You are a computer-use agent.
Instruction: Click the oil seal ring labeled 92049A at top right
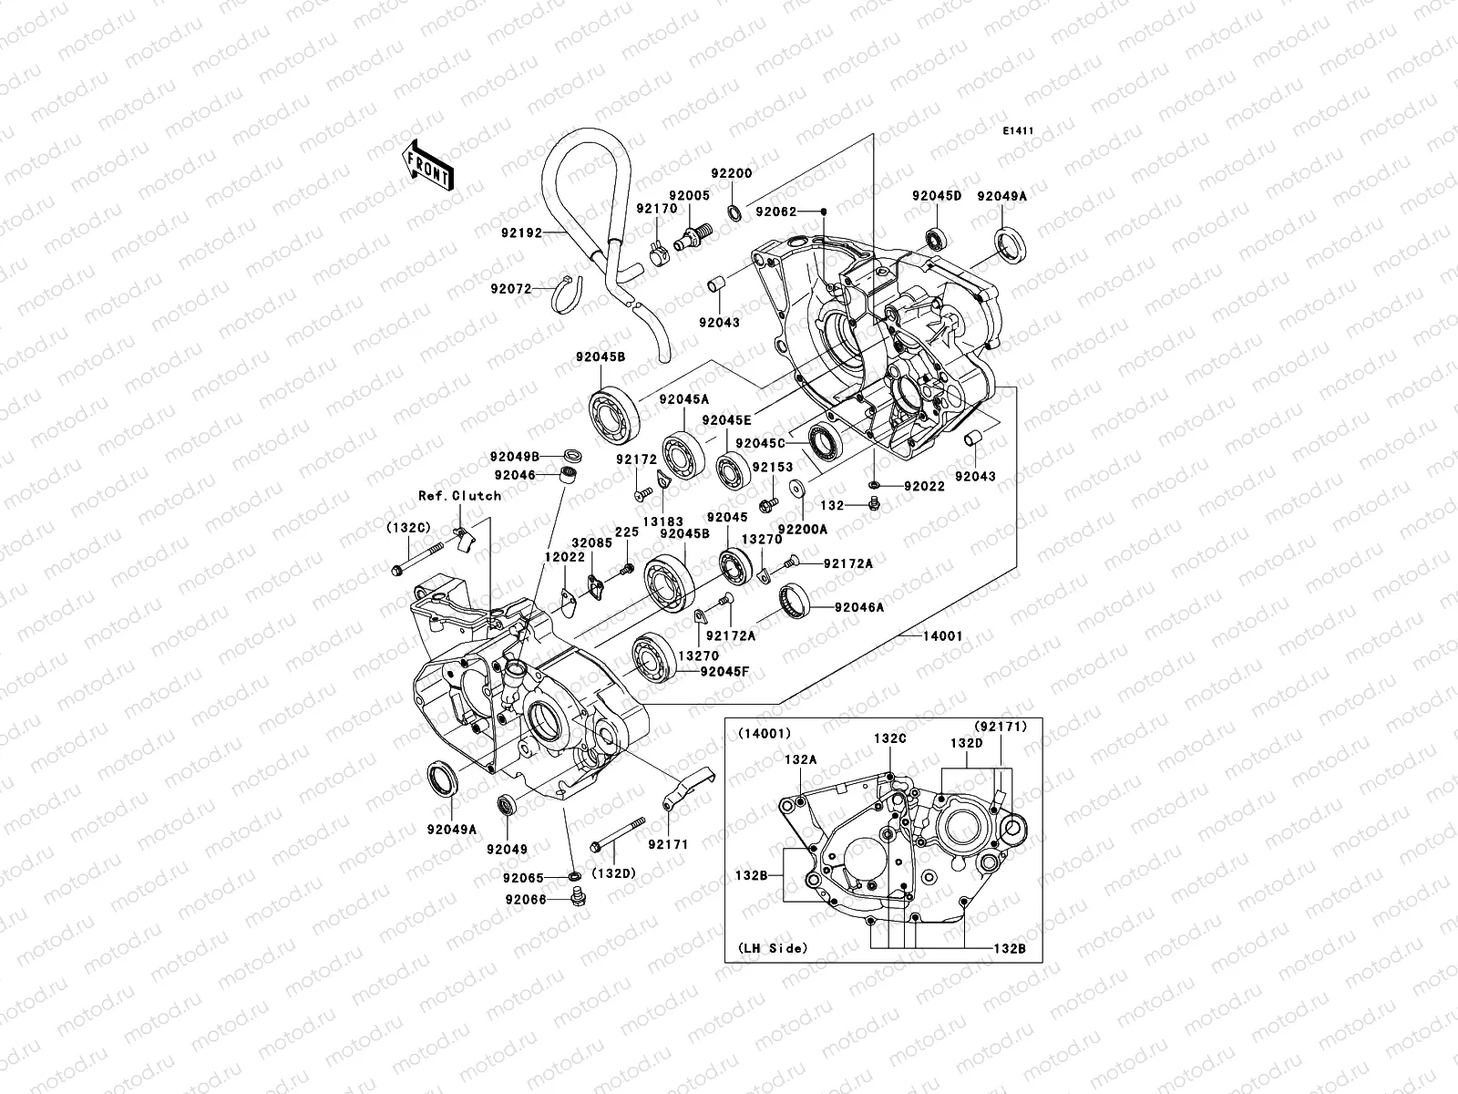(x=1011, y=245)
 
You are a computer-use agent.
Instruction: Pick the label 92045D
(x=936, y=196)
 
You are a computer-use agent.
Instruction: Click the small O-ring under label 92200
(x=734, y=214)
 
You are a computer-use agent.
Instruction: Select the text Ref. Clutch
(x=459, y=495)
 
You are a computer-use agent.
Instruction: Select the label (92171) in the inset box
(x=1001, y=727)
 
